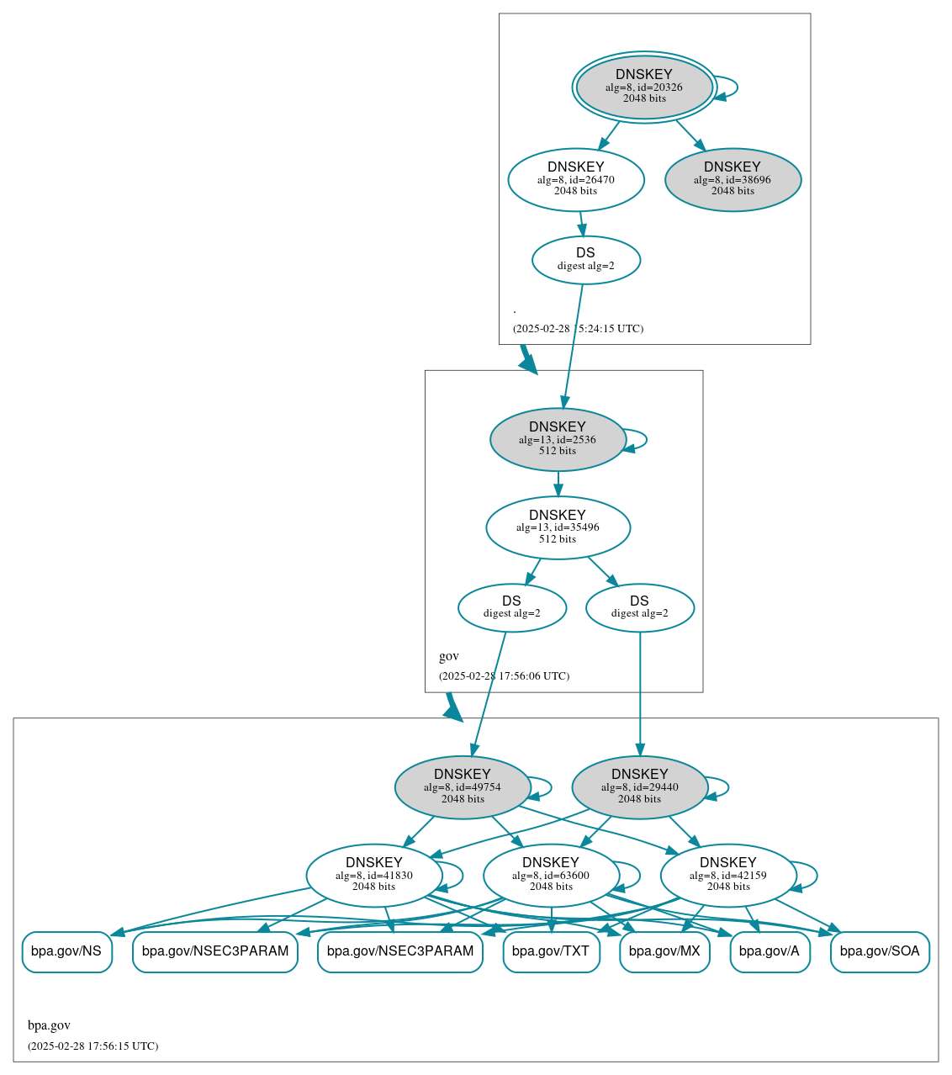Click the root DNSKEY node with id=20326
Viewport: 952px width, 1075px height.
[644, 87]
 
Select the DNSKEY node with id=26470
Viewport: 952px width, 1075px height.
[576, 179]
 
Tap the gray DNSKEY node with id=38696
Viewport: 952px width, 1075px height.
[733, 179]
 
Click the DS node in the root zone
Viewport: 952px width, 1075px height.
[586, 260]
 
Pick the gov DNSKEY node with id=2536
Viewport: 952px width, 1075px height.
[558, 439]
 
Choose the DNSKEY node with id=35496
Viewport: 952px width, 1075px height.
[558, 527]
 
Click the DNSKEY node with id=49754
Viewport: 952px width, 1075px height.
[463, 787]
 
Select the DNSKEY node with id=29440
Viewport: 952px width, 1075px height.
[640, 787]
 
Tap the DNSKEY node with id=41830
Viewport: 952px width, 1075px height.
[374, 876]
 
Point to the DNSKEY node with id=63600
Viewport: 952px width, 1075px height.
[551, 876]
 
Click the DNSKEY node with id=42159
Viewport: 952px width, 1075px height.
[728, 876]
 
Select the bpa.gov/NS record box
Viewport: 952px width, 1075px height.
[66, 951]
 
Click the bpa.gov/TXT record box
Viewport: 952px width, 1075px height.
[551, 951]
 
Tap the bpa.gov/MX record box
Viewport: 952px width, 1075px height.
[664, 951]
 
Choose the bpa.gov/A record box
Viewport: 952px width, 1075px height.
[770, 951]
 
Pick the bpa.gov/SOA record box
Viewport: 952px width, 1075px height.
[880, 951]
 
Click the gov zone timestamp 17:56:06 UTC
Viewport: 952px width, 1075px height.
[504, 676]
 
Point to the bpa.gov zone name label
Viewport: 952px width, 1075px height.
[49, 1025]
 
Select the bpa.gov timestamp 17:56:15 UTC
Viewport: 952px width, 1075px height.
[93, 1046]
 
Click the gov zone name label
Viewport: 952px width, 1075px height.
[449, 656]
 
